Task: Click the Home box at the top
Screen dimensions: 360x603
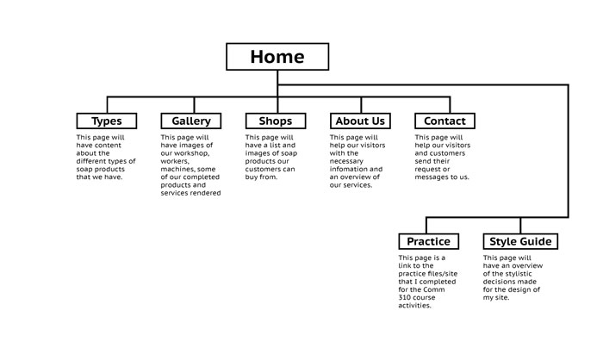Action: click(277, 57)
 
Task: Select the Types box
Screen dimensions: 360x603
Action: click(107, 121)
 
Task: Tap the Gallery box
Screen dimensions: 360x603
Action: click(191, 121)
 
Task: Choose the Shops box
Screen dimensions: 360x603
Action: click(275, 121)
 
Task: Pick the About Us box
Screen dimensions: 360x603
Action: click(360, 121)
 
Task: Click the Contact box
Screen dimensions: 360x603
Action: click(444, 121)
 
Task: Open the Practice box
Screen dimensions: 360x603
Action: click(428, 241)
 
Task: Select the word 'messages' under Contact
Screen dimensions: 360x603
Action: click(438, 177)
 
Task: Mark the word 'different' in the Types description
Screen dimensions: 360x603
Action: click(93, 161)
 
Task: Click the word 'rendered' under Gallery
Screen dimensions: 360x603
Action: click(206, 193)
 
